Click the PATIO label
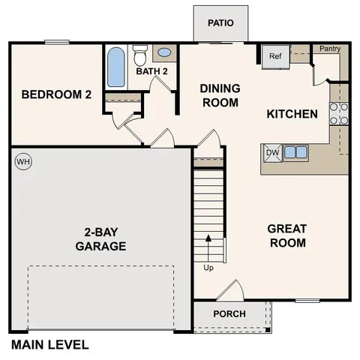pos(220,22)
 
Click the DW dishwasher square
pos(271,152)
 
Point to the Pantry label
pos(330,49)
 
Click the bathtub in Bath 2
pos(115,68)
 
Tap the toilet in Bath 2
pos(139,55)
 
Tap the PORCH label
pos(229,313)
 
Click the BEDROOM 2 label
pos(56,94)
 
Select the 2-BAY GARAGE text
pos(100,238)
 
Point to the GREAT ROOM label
pos(287,235)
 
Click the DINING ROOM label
pos(220,94)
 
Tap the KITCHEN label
pos(292,114)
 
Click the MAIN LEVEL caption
pos(49,345)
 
